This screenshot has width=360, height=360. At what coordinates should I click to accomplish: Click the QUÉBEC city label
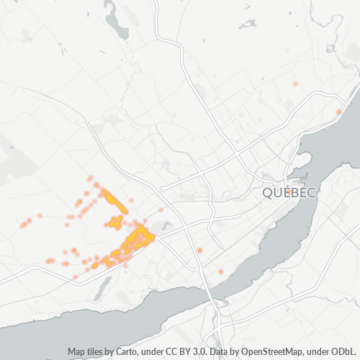tap(289, 193)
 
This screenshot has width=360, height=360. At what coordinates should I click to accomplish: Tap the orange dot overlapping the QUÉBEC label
tap(288, 192)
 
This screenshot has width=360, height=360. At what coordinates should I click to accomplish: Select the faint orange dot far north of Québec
tap(295, 84)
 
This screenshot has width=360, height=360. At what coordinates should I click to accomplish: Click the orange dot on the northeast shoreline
tap(338, 112)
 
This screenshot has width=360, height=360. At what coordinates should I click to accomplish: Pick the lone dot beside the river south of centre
tap(220, 271)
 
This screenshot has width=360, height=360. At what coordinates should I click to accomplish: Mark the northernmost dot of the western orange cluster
tap(90, 178)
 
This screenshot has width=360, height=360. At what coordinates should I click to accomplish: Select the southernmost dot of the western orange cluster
tap(75, 276)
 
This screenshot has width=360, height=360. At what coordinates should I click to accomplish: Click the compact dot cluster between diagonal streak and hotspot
tap(115, 222)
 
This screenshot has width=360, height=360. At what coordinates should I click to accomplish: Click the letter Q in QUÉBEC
tap(268, 193)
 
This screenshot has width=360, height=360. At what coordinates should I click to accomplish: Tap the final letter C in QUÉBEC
tap(312, 193)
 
